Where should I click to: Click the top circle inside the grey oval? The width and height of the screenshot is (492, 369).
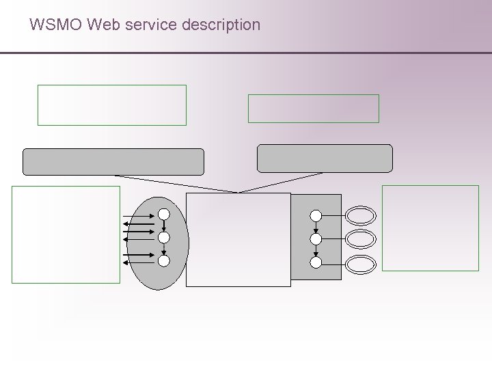click(164, 214)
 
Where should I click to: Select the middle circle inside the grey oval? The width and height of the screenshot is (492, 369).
click(164, 238)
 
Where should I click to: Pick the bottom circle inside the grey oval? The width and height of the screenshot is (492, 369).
click(164, 260)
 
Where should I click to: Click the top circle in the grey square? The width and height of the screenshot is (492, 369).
click(316, 215)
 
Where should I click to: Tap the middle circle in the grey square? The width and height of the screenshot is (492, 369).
click(316, 239)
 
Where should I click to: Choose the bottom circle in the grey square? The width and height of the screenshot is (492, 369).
click(316, 262)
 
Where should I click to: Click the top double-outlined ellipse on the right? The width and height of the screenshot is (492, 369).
click(361, 216)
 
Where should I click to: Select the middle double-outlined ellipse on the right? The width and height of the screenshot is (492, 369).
click(361, 239)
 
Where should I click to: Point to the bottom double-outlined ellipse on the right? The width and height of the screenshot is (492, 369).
click(361, 263)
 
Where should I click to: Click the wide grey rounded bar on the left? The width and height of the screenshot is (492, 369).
click(114, 162)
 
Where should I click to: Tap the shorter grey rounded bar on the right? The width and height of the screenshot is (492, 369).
click(325, 158)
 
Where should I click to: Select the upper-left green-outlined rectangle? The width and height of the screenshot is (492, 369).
click(111, 105)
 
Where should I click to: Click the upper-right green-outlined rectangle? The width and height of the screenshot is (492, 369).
click(313, 109)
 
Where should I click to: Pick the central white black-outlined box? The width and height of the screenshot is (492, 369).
click(238, 239)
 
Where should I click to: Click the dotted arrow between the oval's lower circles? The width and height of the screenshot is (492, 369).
click(164, 249)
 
